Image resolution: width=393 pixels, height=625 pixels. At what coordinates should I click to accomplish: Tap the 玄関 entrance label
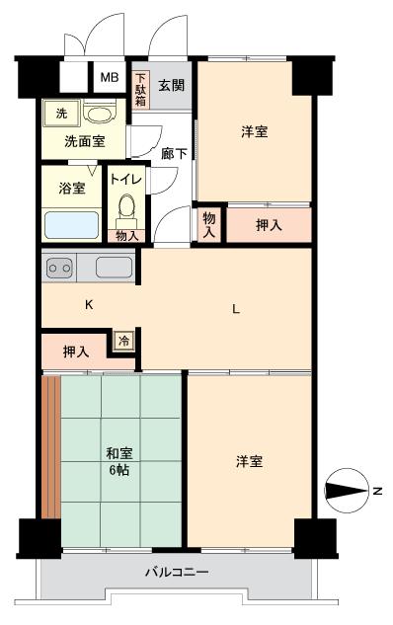171,85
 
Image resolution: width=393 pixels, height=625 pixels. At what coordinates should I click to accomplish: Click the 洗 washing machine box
61,113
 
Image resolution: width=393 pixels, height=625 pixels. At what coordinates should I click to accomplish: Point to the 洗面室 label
85,141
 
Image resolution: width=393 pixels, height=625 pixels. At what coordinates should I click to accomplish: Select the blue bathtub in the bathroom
70,225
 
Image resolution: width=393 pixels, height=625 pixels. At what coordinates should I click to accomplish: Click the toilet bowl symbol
125,207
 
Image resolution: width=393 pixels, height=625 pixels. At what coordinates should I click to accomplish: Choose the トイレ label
125,181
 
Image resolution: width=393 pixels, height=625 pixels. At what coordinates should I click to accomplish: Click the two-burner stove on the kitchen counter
61,267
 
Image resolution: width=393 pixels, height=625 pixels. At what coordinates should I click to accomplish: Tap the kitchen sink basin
114,267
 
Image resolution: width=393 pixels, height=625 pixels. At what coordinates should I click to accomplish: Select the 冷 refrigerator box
123,340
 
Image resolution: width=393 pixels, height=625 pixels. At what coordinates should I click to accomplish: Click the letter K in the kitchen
89,305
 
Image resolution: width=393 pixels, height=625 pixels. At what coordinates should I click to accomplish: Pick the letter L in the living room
235,309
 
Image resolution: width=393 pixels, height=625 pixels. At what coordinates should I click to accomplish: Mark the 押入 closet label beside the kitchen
76,351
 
